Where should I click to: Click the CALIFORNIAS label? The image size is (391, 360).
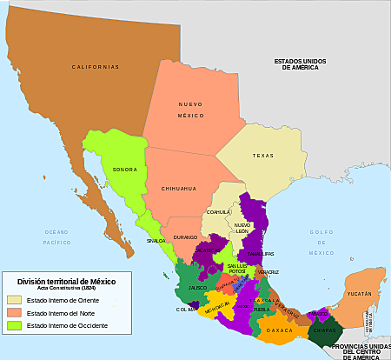pyautogui.click(x=95, y=66)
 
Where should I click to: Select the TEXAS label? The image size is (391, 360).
pyautogui.click(x=262, y=156)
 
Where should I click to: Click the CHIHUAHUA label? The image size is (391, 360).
pyautogui.click(x=179, y=188)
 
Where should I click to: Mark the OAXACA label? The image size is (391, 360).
pyautogui.click(x=280, y=330)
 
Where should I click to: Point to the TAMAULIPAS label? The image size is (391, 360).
pyautogui.click(x=254, y=254)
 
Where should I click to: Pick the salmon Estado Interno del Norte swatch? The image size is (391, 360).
pyautogui.click(x=14, y=312)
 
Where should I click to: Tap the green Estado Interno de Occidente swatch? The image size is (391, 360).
pyautogui.click(x=14, y=325)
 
